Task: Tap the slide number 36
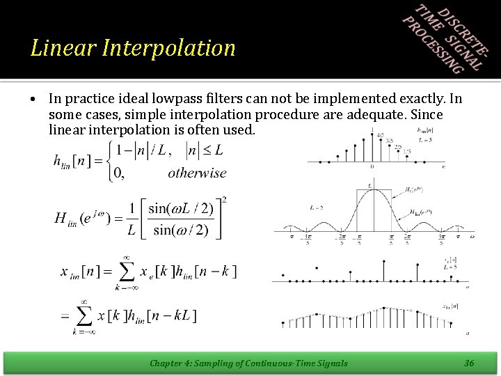pos(469,363)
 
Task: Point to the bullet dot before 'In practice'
pos(34,100)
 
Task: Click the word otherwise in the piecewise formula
pos(197,173)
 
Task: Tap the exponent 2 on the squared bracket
pos(223,201)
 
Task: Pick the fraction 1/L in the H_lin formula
pos(132,219)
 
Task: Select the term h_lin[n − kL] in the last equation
pos(166,316)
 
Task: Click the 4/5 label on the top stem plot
pos(379,136)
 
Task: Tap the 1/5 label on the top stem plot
pos(406,150)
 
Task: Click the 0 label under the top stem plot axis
pos(372,166)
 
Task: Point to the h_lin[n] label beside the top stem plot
pos(426,130)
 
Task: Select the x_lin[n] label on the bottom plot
pos(450,305)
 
